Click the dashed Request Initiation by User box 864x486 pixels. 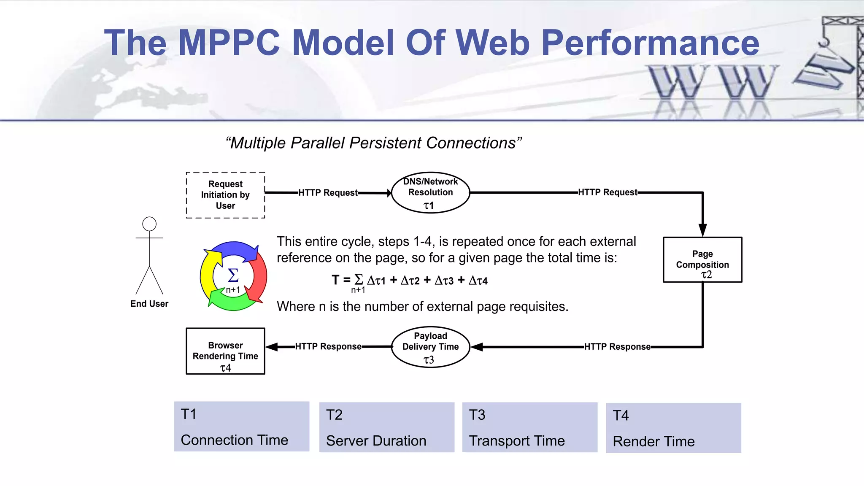tap(225, 195)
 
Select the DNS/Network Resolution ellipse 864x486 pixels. tap(430, 192)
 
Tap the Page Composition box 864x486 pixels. tap(702, 260)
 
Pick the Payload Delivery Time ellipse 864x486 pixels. tap(430, 347)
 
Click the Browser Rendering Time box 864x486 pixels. tap(225, 351)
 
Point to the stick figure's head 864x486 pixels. tap(149, 224)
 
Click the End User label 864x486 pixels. tap(149, 304)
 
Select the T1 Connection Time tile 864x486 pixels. tap(242, 427)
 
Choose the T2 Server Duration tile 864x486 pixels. tap(387, 427)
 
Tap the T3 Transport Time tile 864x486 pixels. tap(530, 427)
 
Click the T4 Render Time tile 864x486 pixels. tap(673, 428)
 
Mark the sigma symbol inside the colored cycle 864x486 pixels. tap(233, 275)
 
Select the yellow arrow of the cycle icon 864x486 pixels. tap(208, 274)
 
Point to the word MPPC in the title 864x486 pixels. tap(229, 43)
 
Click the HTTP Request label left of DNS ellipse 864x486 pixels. tap(328, 193)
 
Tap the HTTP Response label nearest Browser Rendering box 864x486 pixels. tap(328, 347)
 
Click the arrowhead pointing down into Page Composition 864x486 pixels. tap(702, 230)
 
